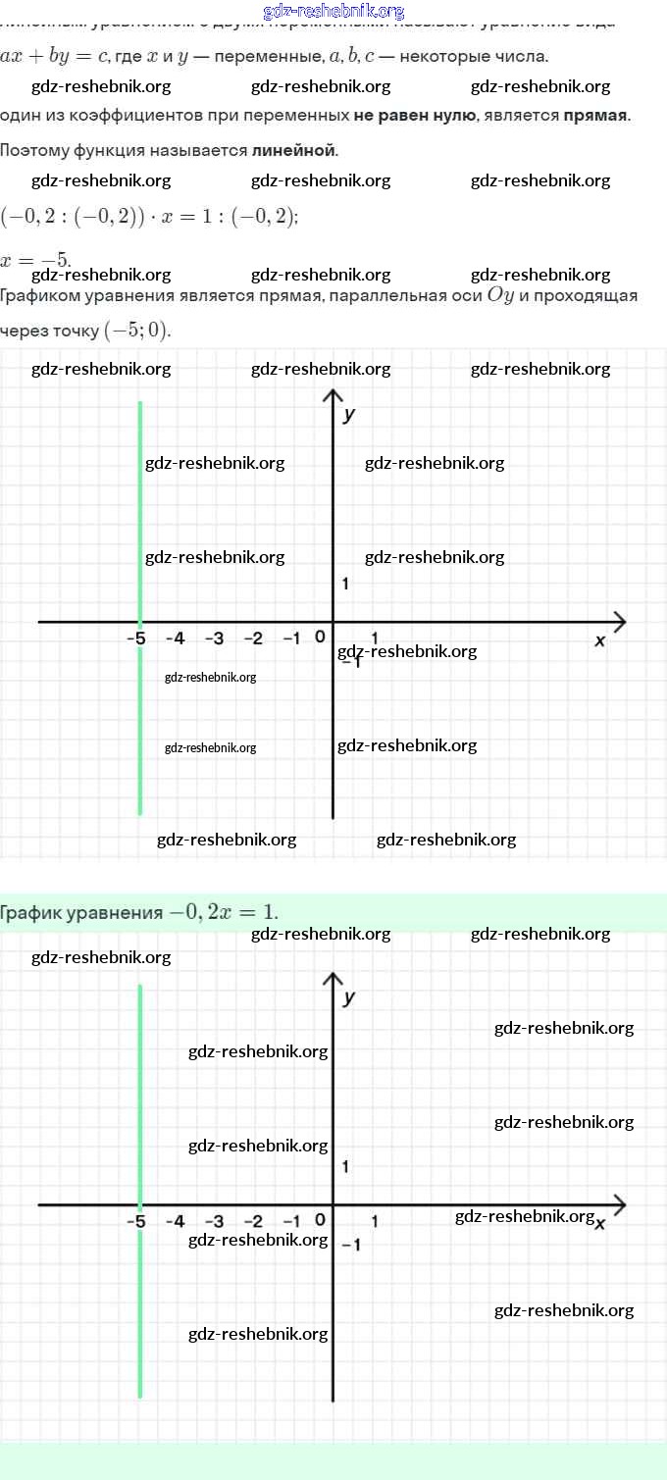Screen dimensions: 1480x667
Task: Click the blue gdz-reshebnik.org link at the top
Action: pyautogui.click(x=333, y=11)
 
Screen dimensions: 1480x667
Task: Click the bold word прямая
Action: pyautogui.click(x=595, y=115)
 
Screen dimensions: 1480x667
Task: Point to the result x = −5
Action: pyautogui.click(x=35, y=260)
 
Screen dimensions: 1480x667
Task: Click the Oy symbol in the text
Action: pyautogui.click(x=500, y=294)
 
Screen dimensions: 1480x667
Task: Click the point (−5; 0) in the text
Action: pyautogui.click(x=136, y=331)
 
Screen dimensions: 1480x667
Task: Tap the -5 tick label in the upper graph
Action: pyautogui.click(x=135, y=638)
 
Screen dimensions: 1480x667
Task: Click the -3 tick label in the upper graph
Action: pyautogui.click(x=214, y=638)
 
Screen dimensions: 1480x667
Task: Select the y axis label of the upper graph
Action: pyautogui.click(x=348, y=414)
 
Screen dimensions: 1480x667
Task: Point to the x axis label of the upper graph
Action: pyautogui.click(x=599, y=639)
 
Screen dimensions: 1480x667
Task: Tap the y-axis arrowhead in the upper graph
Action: pyautogui.click(x=333, y=394)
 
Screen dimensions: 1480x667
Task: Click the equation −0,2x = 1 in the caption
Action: pyautogui.click(x=223, y=912)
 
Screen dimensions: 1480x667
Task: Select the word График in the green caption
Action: pyautogui.click(x=31, y=913)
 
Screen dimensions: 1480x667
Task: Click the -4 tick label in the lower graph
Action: pyautogui.click(x=175, y=1221)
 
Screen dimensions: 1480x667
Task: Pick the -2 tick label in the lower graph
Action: pyautogui.click(x=253, y=1221)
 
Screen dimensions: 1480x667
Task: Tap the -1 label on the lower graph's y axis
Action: pyautogui.click(x=350, y=1245)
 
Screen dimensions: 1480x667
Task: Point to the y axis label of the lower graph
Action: pyautogui.click(x=348, y=997)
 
